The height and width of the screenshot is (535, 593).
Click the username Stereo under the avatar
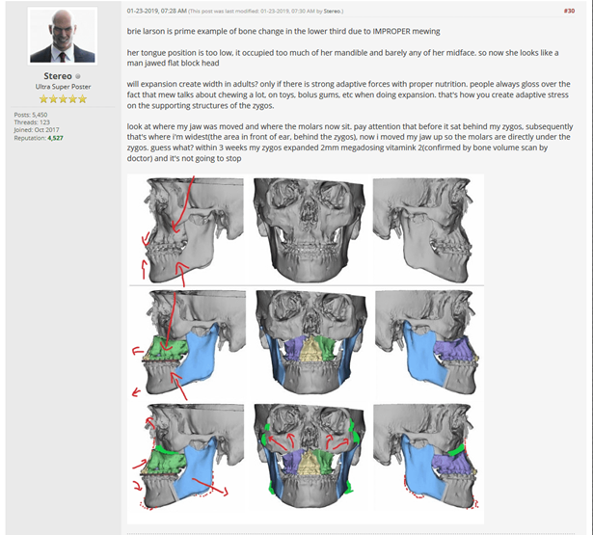tap(58, 76)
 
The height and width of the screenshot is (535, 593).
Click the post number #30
tap(569, 11)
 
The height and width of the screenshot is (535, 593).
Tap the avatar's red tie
tap(62, 57)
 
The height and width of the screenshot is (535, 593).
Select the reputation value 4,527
tap(56, 138)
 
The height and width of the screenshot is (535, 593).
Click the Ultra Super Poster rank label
tap(64, 87)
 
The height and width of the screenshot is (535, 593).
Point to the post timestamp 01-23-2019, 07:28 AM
tap(156, 11)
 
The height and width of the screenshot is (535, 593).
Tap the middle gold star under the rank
tap(64, 99)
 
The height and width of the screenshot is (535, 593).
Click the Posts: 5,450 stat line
tap(31, 115)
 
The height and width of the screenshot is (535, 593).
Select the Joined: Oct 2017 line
tap(37, 130)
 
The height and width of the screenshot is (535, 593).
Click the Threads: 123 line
tap(32, 122)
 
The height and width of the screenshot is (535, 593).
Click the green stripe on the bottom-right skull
tap(456, 450)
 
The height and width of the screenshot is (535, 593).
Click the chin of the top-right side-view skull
tap(459, 273)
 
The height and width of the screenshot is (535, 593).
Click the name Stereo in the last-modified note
tap(332, 12)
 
